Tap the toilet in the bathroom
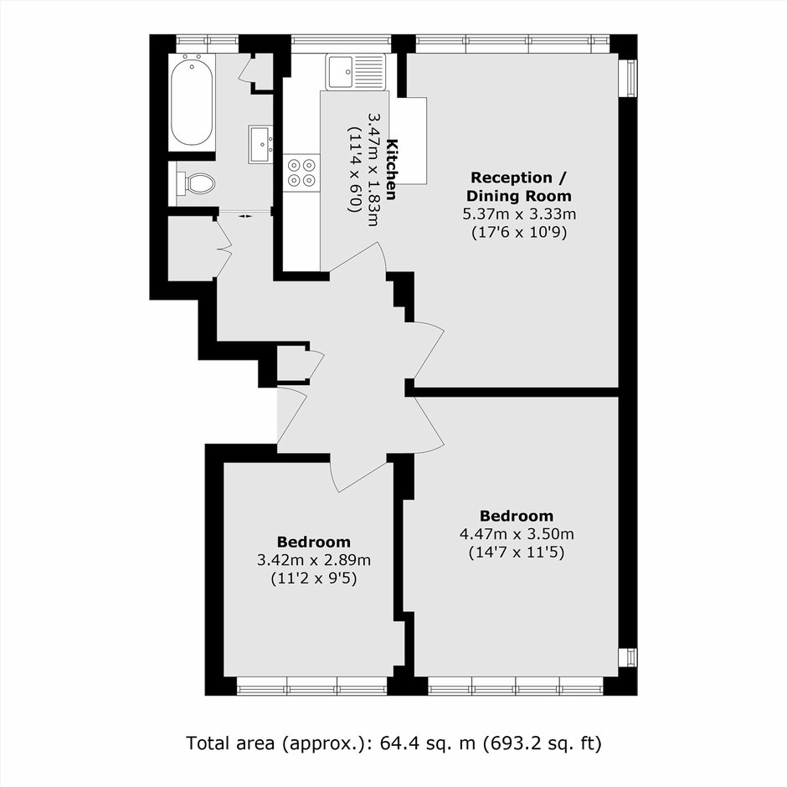click(x=195, y=183)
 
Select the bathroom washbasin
click(x=260, y=145)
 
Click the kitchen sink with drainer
click(x=356, y=72)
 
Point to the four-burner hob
click(x=301, y=172)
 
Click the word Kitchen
click(x=392, y=169)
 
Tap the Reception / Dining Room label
click(x=519, y=186)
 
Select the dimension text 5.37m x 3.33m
click(x=519, y=214)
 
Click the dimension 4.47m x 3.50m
click(x=517, y=533)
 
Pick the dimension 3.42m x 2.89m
click(x=314, y=559)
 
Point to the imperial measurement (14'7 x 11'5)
click(x=517, y=553)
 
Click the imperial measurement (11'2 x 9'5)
click(x=314, y=579)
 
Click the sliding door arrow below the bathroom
click(x=245, y=216)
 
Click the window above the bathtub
click(x=207, y=44)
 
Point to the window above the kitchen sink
click(x=342, y=44)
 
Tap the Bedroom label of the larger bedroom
click(x=517, y=516)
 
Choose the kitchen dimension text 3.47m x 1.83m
click(x=374, y=169)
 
